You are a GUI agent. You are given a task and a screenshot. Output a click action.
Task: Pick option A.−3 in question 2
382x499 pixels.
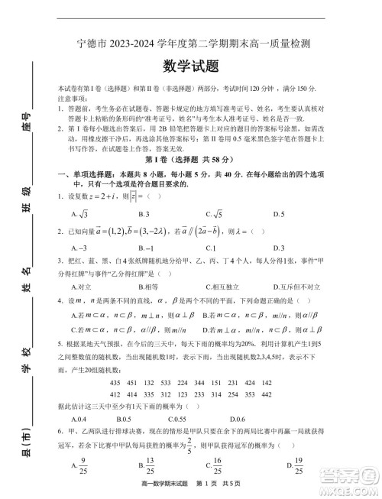(79, 248)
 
